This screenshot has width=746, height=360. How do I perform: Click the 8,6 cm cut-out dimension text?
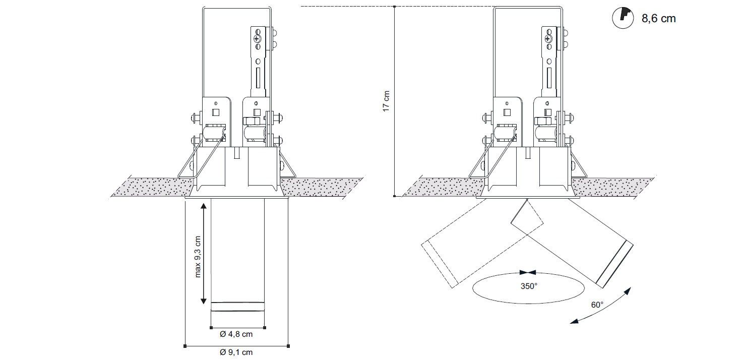pyautogui.click(x=658, y=18)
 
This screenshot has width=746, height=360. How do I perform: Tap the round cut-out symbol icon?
pyautogui.click(x=623, y=18)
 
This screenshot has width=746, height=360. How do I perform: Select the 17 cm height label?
pyautogui.click(x=386, y=101)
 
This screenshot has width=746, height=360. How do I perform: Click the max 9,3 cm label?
pyautogui.click(x=198, y=257)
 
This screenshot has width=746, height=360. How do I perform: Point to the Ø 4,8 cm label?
pyautogui.click(x=236, y=334)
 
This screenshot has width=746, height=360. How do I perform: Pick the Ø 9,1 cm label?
pyautogui.click(x=236, y=352)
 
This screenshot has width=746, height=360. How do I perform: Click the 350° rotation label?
pyautogui.click(x=529, y=286)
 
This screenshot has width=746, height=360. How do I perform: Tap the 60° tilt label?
pyautogui.click(x=597, y=305)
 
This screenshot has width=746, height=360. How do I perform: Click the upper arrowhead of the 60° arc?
pyautogui.click(x=628, y=291)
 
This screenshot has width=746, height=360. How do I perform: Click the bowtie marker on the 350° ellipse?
pyautogui.click(x=528, y=272)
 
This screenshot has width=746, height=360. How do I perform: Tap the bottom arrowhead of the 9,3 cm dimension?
pyautogui.click(x=204, y=301)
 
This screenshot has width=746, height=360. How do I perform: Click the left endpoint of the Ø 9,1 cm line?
pyautogui.click(x=185, y=346)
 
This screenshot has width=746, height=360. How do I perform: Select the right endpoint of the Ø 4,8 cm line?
pyautogui.click(x=265, y=328)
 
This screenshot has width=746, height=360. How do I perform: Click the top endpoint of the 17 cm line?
pyautogui.click(x=395, y=7)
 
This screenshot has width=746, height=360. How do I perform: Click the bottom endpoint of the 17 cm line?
pyautogui.click(x=395, y=196)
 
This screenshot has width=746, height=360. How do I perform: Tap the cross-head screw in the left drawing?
pyautogui.click(x=257, y=39)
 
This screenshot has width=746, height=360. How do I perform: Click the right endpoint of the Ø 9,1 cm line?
pyautogui.click(x=288, y=346)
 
